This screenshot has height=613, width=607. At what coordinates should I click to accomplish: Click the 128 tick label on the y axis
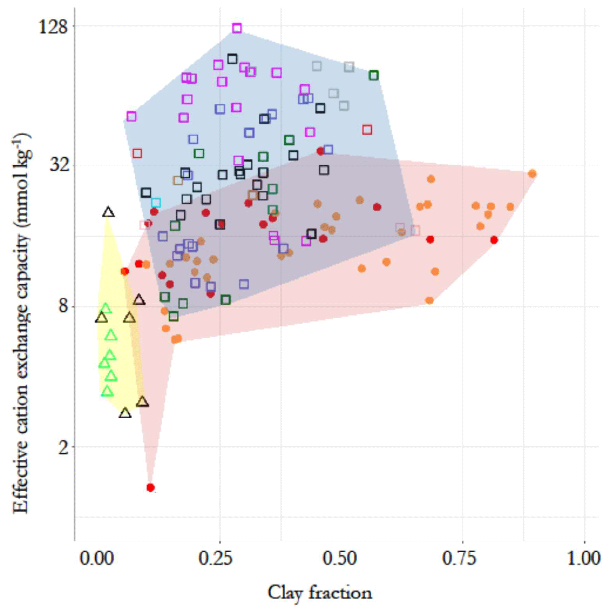52,27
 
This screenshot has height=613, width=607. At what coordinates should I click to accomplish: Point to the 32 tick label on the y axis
58,165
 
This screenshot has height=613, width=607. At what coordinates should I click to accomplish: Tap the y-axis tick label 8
63,306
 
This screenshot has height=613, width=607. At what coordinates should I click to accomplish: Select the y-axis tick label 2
63,447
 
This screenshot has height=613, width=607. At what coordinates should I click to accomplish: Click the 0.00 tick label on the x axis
97,559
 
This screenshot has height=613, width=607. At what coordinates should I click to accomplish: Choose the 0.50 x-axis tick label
340,559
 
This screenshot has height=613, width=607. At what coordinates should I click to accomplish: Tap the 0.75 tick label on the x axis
460,559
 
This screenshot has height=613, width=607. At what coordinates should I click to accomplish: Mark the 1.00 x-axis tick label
584,559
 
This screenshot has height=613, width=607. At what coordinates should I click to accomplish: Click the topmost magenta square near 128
237,28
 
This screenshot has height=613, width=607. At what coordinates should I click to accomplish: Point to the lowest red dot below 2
151,488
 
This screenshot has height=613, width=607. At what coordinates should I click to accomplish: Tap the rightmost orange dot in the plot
532,174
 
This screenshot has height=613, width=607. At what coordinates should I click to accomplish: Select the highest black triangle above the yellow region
108,212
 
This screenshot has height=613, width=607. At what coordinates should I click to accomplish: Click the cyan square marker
156,202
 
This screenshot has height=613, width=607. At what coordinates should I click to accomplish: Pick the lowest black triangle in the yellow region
125,413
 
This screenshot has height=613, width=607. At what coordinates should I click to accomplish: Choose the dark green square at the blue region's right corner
374,75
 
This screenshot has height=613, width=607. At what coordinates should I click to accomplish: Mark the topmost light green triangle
105,309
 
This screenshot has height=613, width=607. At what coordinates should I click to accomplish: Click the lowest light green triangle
107,391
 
